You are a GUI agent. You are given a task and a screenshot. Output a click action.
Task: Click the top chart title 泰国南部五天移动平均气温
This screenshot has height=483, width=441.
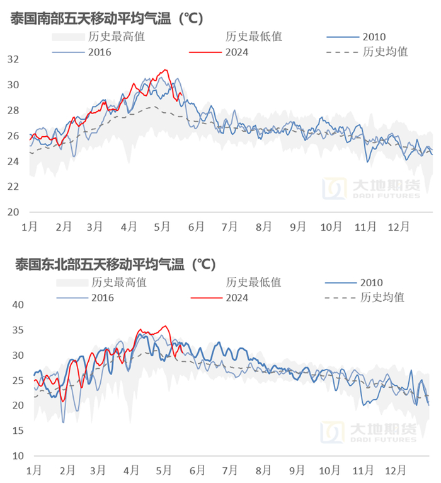tap(106, 18)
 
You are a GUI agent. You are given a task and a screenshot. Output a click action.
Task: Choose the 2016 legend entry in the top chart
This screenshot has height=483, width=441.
tap(100, 52)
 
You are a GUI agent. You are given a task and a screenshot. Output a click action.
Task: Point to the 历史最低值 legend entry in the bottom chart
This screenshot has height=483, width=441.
tap(253, 282)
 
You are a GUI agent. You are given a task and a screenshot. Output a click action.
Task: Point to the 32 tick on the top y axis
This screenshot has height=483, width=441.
tap(13, 59)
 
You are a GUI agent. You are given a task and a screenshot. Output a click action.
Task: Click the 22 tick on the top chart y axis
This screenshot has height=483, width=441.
tap(13, 187)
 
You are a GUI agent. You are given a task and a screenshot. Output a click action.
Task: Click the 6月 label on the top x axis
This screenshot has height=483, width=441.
tap(196, 226)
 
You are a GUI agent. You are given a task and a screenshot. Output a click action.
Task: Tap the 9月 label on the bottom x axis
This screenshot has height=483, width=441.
tap(298, 470)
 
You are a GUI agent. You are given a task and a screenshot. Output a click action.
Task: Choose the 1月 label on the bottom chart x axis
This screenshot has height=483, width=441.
tap(34, 470)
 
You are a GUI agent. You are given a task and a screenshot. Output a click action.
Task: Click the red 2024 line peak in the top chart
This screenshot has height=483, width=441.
tap(166, 70)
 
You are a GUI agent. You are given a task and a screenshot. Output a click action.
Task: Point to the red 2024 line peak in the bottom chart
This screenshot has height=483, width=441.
tap(165, 326)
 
